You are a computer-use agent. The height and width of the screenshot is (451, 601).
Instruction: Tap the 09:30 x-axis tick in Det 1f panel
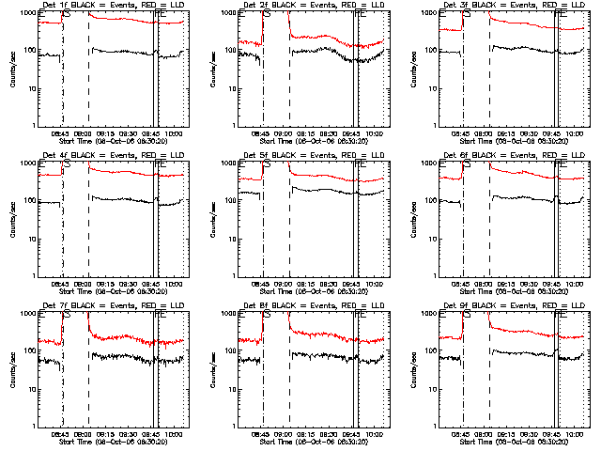132,133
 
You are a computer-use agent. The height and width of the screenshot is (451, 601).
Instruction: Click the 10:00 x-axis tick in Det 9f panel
574,434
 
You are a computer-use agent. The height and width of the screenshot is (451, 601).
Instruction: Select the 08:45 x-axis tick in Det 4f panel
59,284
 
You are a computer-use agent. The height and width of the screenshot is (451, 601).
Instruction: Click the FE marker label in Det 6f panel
562,165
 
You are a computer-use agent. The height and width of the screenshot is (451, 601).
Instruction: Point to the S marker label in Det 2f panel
268,15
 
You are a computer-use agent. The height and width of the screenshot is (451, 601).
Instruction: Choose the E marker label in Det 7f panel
42,316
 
